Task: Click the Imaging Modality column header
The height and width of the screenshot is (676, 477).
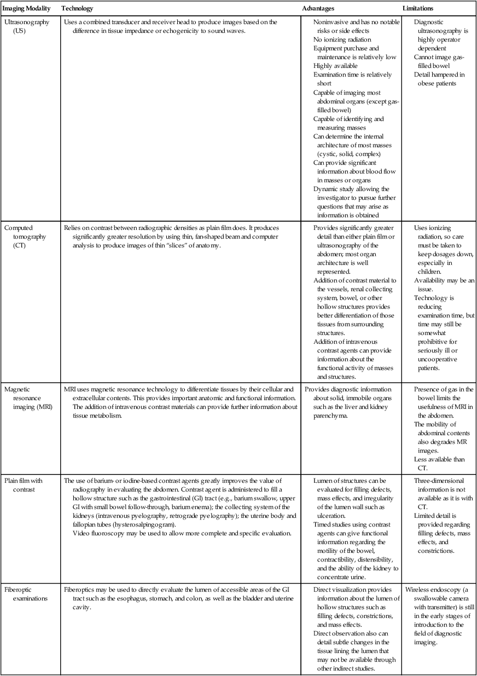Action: click(x=28, y=9)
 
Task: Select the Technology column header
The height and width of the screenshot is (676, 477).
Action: click(x=77, y=9)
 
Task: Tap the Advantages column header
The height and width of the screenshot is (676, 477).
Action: click(x=318, y=9)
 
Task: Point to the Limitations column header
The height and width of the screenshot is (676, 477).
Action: click(x=418, y=9)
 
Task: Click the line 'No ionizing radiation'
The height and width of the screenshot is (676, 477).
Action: click(x=342, y=39)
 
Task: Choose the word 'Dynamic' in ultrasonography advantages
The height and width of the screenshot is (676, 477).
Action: click(x=325, y=189)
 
